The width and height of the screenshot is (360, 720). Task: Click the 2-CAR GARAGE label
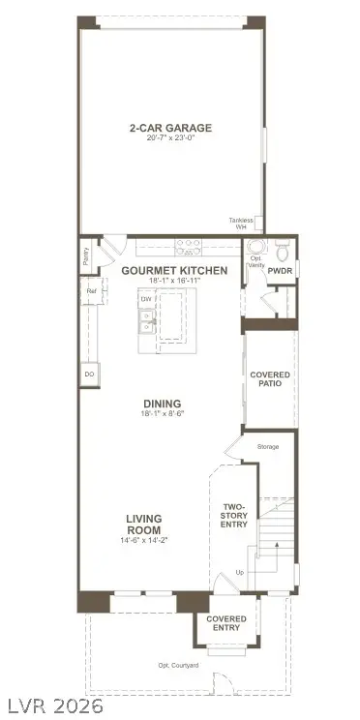click(170, 128)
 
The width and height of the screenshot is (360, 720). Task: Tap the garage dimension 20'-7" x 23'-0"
click(170, 138)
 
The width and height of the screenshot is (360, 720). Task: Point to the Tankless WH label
click(240, 223)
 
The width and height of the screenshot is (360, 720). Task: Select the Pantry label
click(86, 256)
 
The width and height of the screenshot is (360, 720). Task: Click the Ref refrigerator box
click(91, 290)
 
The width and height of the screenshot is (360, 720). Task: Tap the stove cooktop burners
click(187, 246)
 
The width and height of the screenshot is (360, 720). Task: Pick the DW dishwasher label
click(147, 299)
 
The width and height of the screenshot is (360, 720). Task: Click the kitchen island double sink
click(147, 327)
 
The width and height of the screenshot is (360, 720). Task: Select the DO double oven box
click(89, 374)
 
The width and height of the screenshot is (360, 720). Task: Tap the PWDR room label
click(280, 272)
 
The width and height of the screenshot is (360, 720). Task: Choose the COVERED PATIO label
click(270, 379)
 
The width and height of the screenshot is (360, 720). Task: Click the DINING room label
click(162, 405)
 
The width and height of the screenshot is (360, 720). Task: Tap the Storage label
click(268, 447)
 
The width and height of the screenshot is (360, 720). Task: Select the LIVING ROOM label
click(143, 524)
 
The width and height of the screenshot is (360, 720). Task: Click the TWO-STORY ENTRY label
click(234, 516)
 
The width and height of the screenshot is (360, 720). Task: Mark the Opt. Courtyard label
click(178, 665)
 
